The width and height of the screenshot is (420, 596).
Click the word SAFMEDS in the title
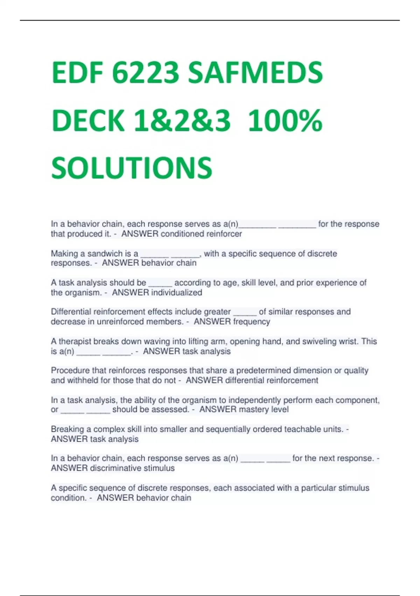pos(255,73)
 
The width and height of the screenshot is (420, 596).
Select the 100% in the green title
pos(285,121)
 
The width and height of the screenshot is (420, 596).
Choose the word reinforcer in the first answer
pos(224,233)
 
